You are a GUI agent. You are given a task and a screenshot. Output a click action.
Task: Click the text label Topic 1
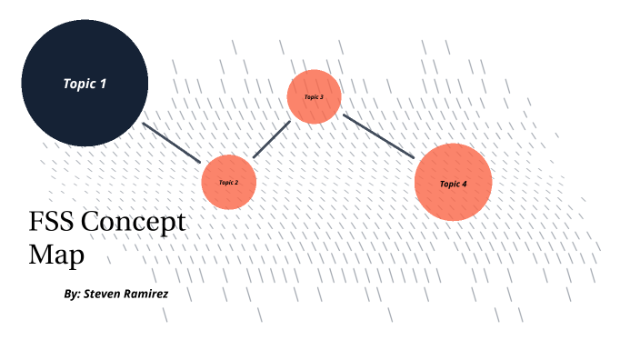(85, 84)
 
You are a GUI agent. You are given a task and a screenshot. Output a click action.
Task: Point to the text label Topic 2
(228, 182)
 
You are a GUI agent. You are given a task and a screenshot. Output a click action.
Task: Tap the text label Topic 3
(314, 96)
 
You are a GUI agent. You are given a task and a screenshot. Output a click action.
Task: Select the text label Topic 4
(453, 184)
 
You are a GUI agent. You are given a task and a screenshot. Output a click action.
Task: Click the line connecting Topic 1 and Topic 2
(171, 142)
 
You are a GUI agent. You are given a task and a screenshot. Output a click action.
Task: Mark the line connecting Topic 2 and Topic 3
(271, 139)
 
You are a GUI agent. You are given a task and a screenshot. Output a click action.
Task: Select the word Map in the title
(56, 254)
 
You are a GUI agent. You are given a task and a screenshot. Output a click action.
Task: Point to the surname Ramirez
(148, 295)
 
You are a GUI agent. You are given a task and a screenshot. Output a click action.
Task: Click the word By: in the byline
(73, 295)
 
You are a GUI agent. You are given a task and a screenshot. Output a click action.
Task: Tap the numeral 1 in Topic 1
(103, 84)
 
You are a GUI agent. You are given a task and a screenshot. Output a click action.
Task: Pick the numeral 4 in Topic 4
(465, 184)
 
